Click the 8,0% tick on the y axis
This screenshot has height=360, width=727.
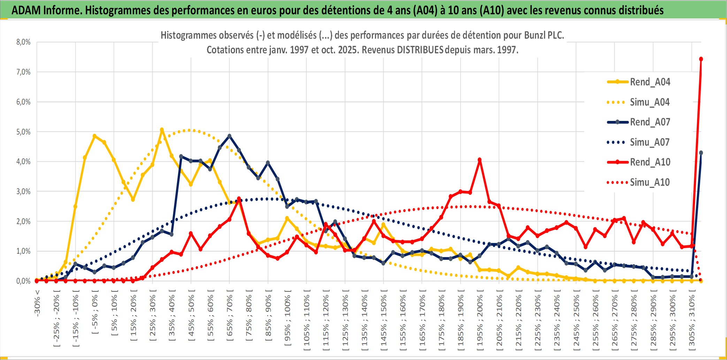pyautogui.click(x=23, y=42)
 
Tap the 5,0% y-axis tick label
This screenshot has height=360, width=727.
pyautogui.click(x=23, y=132)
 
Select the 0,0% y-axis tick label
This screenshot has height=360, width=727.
pyautogui.click(x=23, y=281)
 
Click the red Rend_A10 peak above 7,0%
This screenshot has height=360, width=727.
pyautogui.click(x=701, y=59)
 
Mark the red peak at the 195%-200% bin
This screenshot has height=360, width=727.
pyautogui.click(x=480, y=160)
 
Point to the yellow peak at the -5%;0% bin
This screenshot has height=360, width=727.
pyautogui.click(x=94, y=136)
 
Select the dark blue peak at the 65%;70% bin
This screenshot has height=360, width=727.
pyautogui.click(x=229, y=136)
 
